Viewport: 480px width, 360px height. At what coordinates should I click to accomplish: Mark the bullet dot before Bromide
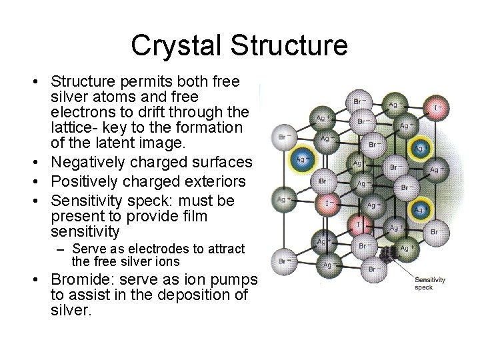42,279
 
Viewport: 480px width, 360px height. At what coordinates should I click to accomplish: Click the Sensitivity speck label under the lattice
430,285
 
